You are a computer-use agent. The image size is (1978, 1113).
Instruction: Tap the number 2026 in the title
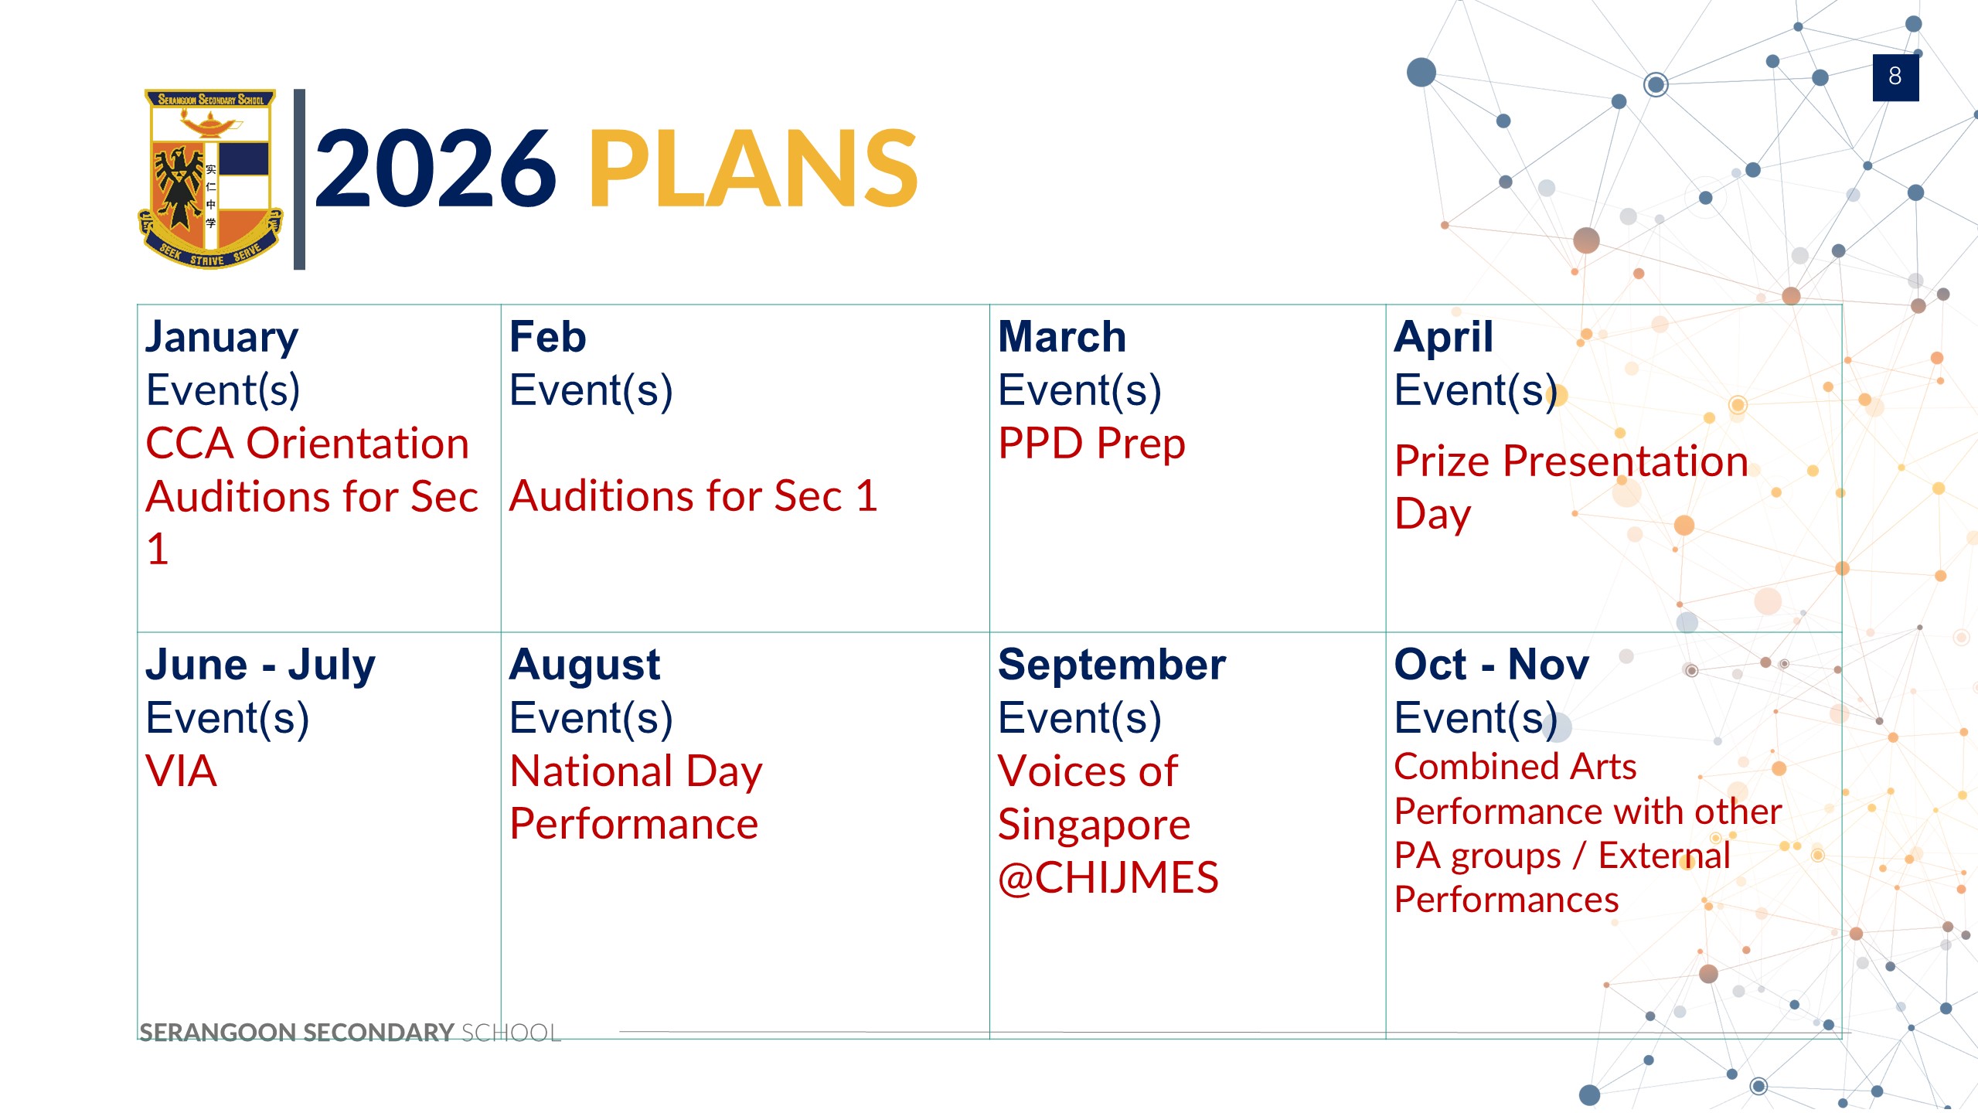[435, 168]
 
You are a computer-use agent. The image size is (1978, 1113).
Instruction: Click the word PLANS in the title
[754, 168]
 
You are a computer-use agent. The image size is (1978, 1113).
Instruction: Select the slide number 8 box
[1895, 77]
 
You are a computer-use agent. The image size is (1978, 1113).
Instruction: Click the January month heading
[222, 338]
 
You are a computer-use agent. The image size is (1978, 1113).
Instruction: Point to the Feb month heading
[547, 337]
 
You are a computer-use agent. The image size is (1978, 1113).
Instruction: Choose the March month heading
[1062, 337]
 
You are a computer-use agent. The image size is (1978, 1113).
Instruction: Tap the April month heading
[1443, 338]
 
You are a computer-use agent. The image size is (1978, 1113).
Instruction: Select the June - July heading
[260, 665]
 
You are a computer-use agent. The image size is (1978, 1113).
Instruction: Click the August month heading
[584, 665]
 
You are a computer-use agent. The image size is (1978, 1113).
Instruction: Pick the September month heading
[1112, 665]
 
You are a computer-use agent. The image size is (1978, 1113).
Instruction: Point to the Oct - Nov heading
[1492, 665]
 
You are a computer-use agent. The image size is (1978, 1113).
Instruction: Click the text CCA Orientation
[308, 444]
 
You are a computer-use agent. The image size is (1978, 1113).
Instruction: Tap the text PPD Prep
[1091, 444]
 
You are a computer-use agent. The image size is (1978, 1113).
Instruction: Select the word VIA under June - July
[181, 771]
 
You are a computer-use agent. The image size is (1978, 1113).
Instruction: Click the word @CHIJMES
[1108, 879]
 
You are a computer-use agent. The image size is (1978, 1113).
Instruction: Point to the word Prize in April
[1442, 461]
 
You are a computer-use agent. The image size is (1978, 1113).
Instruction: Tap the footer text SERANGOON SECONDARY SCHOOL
[349, 1033]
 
